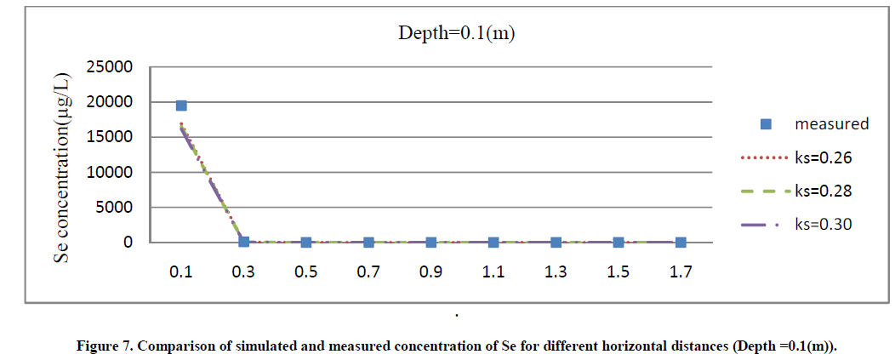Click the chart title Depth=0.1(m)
click(458, 34)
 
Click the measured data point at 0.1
click(181, 106)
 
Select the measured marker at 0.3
click(243, 242)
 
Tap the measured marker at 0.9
click(431, 243)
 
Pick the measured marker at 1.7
click(681, 243)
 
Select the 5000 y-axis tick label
click(117, 207)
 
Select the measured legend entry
click(831, 123)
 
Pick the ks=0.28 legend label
click(824, 191)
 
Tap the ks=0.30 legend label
click(824, 225)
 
